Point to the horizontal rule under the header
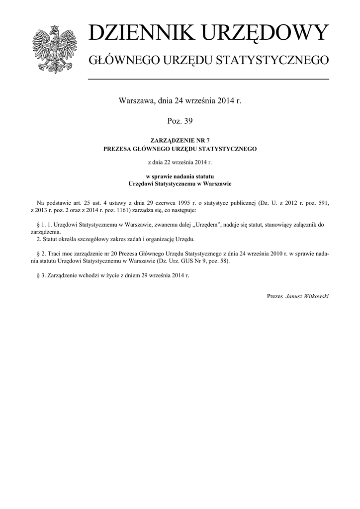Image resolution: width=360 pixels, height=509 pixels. [208, 79]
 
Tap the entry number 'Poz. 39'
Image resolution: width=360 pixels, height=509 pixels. [180, 120]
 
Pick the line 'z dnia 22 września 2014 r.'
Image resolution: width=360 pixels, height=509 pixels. [180, 162]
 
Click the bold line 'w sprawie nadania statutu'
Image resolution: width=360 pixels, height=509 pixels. [180, 176]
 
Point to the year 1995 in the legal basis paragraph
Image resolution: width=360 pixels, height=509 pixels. [192, 203]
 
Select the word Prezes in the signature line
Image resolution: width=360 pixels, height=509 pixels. [275, 296]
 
